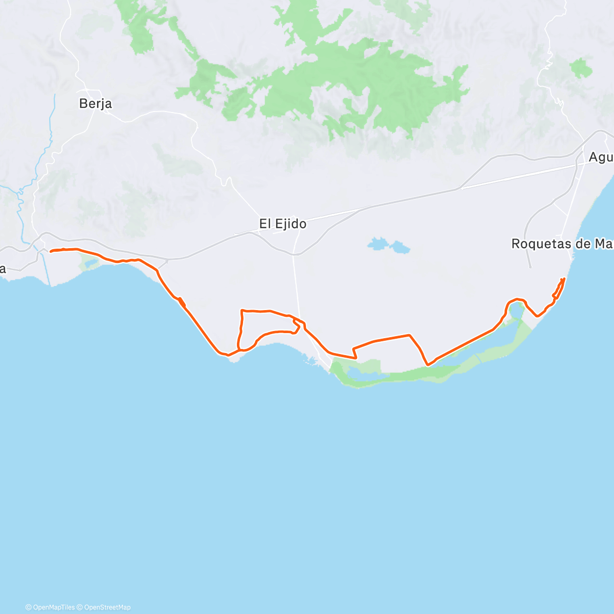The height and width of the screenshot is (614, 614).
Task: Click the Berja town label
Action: [x=96, y=104]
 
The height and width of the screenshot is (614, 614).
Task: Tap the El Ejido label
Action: [x=282, y=224]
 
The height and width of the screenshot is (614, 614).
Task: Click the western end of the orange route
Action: [x=51, y=251]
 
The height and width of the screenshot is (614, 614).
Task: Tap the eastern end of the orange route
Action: [x=563, y=279]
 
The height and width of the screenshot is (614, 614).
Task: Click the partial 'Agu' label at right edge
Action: [x=601, y=157]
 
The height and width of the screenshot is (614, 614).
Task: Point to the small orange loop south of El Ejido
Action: [x=296, y=326]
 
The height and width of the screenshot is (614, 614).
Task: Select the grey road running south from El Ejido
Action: [x=296, y=287]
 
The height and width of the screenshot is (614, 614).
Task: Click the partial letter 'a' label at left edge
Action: [x=3, y=269]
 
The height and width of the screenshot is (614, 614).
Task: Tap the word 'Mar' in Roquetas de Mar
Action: [x=602, y=244]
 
